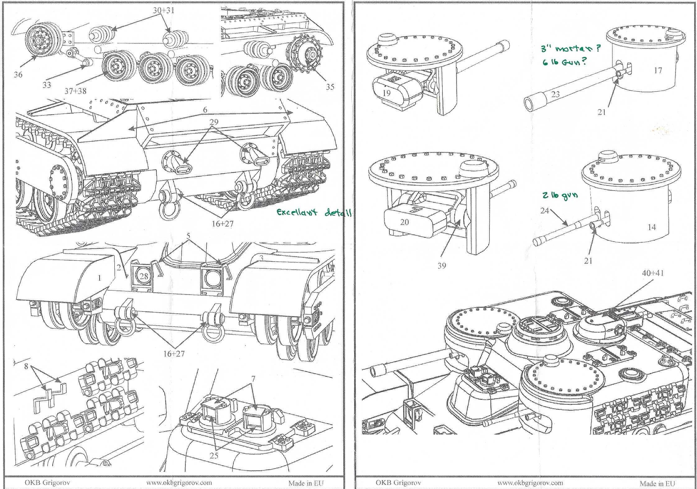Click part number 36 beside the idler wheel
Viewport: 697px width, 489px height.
coord(18,75)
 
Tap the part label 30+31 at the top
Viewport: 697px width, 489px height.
coord(164,10)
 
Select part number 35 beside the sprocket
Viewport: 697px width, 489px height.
coord(330,87)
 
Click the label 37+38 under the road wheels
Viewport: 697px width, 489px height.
coord(75,91)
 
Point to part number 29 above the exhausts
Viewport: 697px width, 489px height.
coord(214,122)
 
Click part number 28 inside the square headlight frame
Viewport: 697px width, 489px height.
coord(144,276)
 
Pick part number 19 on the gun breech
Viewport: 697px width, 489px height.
coord(386,93)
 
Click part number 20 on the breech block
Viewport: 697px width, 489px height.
coord(404,222)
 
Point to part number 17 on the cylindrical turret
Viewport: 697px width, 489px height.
coord(658,70)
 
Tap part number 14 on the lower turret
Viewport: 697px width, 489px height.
coord(652,227)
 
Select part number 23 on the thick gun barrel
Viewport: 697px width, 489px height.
coord(555,94)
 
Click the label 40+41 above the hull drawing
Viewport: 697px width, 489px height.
coord(653,273)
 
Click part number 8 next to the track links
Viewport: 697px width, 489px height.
coord(26,366)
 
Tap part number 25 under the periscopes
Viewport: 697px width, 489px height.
coord(214,455)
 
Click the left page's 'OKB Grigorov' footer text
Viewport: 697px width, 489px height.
coord(47,482)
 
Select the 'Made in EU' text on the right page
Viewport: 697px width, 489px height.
coord(657,483)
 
